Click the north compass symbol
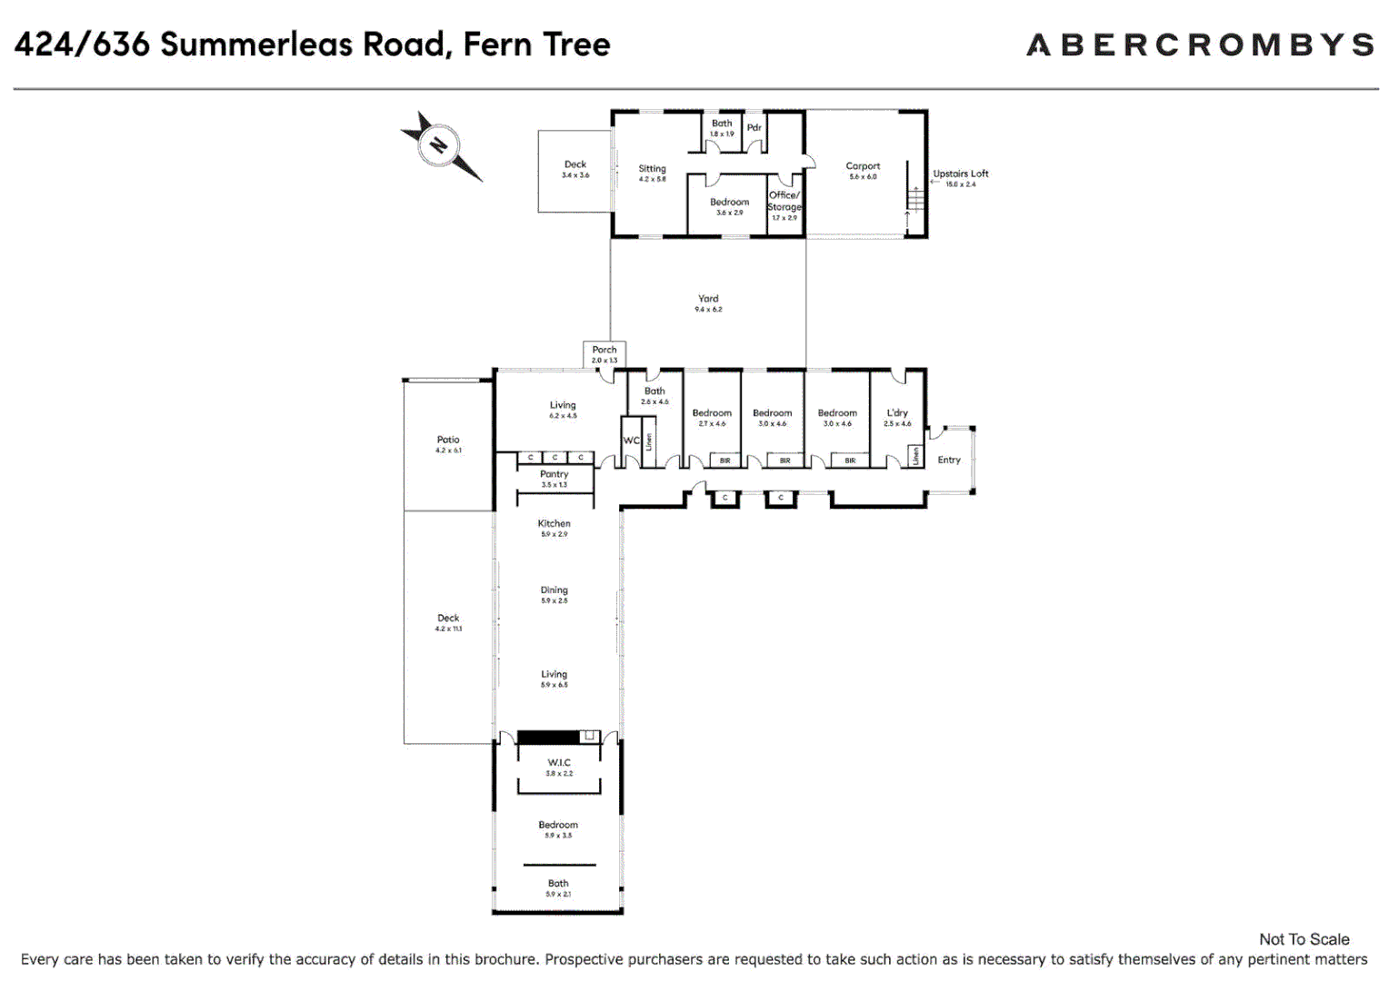point(440,145)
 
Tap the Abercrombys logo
point(1200,45)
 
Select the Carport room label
point(863,166)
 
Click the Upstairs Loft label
point(960,173)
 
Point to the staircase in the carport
point(915,198)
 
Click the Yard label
point(708,299)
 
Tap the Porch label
point(605,350)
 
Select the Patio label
point(448,440)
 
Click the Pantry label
point(555,474)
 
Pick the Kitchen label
point(555,524)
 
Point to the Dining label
point(555,590)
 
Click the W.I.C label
point(559,763)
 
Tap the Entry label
point(949,460)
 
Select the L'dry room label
point(897,413)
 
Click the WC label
point(631,441)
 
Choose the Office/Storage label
point(784,201)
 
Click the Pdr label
point(754,128)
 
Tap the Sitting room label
point(652,169)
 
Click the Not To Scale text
point(1304,939)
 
